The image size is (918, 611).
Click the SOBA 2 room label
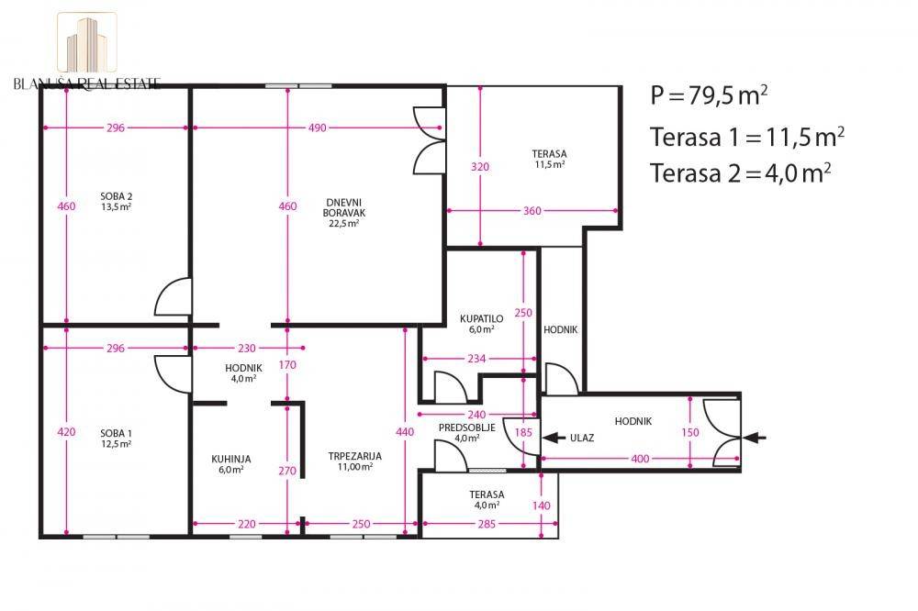click(x=116, y=196)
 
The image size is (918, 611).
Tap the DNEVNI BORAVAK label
click(x=343, y=207)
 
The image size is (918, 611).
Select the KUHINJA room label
click(x=230, y=460)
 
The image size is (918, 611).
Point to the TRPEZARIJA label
click(x=354, y=456)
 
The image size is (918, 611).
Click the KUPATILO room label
click(x=481, y=319)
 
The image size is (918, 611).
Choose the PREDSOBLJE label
click(x=466, y=428)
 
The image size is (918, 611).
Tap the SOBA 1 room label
click(x=116, y=434)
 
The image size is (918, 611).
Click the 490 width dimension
click(x=318, y=128)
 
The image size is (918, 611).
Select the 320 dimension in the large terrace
click(x=480, y=167)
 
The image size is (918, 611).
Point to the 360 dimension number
click(x=532, y=211)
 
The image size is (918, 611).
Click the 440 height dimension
click(x=405, y=432)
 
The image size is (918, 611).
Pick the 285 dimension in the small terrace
click(x=487, y=524)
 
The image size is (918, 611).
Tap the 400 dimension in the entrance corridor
click(x=640, y=459)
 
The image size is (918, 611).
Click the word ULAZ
click(x=582, y=438)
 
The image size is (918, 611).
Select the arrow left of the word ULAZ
click(x=554, y=438)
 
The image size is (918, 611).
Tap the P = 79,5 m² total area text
click(x=709, y=95)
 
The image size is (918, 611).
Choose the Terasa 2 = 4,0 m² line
click(x=741, y=172)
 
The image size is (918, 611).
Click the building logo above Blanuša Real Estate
click(x=86, y=43)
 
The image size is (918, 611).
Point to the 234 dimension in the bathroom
click(x=476, y=358)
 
